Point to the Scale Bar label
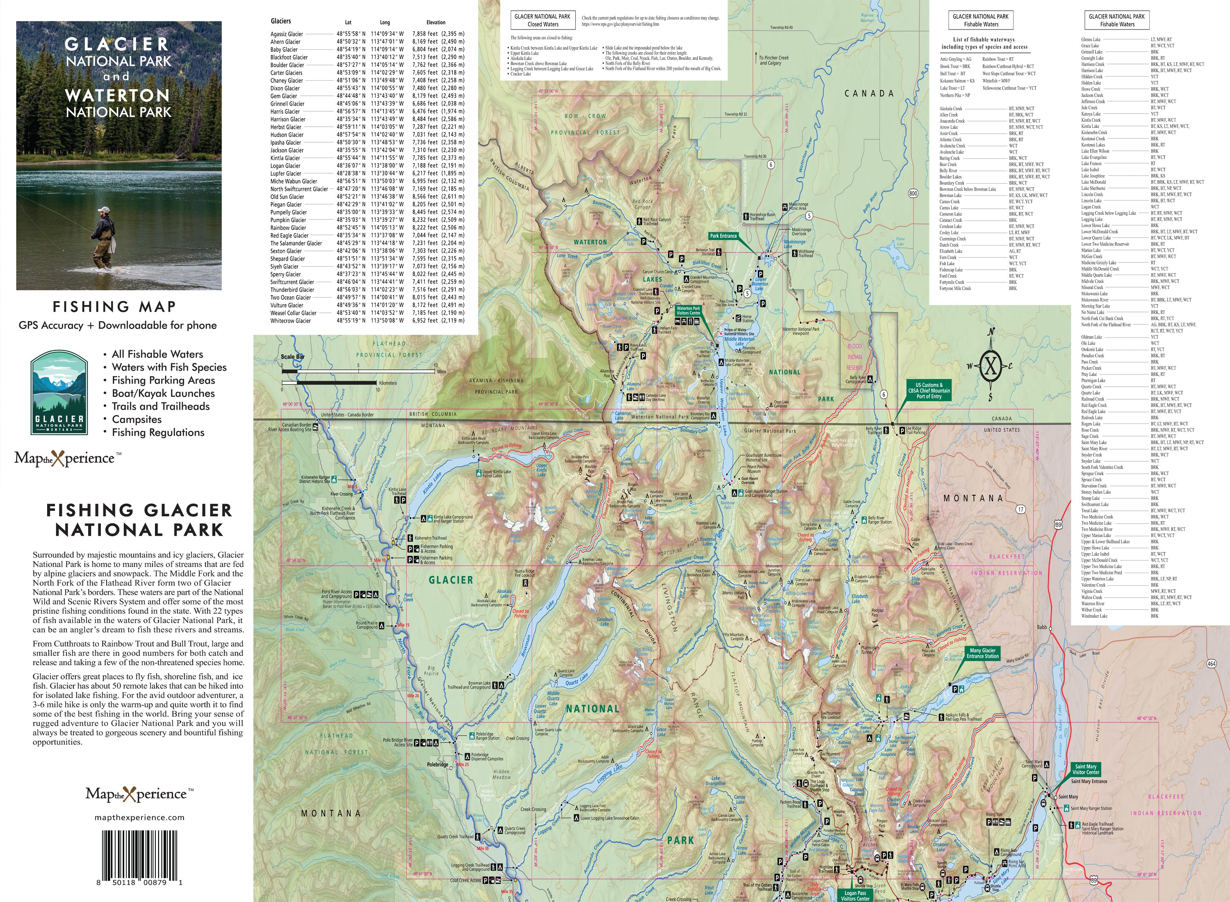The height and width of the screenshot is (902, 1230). pyautogui.click(x=293, y=357)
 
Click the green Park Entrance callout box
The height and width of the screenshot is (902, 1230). pyautogui.click(x=723, y=236)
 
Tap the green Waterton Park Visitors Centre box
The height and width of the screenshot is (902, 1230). pyautogui.click(x=688, y=311)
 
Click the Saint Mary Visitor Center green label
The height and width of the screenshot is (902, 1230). pyautogui.click(x=1085, y=769)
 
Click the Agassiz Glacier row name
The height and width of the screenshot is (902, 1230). pyautogui.click(x=287, y=34)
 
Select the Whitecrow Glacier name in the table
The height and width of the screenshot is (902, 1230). pyautogui.click(x=290, y=321)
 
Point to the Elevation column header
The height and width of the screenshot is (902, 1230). pyautogui.click(x=436, y=23)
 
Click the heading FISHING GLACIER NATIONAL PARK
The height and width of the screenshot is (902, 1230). pyautogui.click(x=139, y=520)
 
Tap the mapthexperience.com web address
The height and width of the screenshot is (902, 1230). pyautogui.click(x=139, y=818)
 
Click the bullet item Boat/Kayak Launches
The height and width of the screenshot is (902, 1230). pyautogui.click(x=163, y=393)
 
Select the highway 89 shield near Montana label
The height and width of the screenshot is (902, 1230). pyautogui.click(x=1058, y=525)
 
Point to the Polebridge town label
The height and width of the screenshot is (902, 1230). pyautogui.click(x=437, y=764)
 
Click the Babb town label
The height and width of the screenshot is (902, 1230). pyautogui.click(x=1042, y=627)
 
